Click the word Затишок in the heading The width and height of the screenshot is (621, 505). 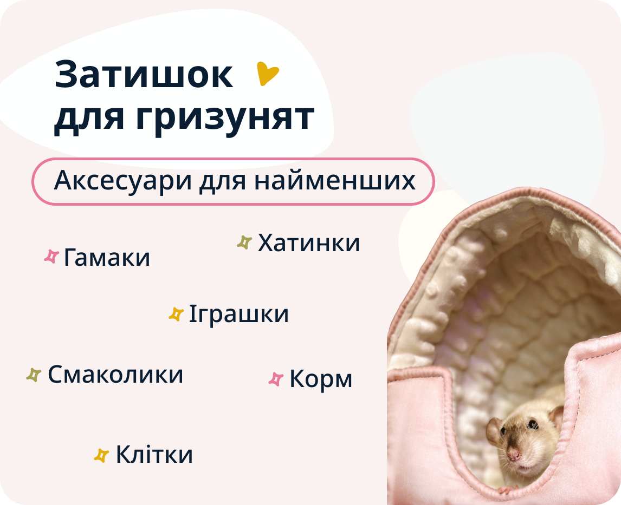click(144, 75)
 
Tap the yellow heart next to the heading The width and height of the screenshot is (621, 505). click(267, 74)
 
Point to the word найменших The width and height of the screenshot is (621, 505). click(334, 181)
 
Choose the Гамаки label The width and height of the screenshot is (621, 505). click(107, 258)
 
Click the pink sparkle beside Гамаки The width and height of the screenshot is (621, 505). click(51, 257)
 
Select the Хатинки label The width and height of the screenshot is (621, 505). click(309, 243)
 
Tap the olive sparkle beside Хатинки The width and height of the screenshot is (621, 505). click(244, 242)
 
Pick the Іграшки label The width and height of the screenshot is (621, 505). click(238, 314)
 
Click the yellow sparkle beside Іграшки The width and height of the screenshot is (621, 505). click(176, 314)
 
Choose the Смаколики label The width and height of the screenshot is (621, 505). click(115, 375)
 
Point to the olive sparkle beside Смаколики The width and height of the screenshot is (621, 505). click(34, 375)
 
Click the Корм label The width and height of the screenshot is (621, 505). click(321, 379)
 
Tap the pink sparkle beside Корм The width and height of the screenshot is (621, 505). click(276, 379)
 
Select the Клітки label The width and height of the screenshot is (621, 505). click(154, 455)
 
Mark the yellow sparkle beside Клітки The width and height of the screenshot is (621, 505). click(101, 455)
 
